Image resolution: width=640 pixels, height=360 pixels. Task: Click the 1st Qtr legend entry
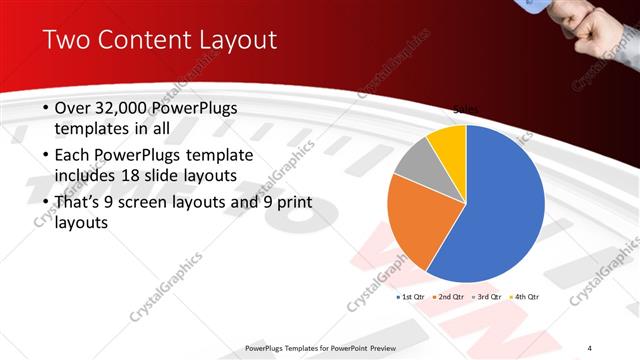(x=410, y=297)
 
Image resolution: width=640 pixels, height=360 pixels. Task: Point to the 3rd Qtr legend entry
(x=487, y=297)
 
